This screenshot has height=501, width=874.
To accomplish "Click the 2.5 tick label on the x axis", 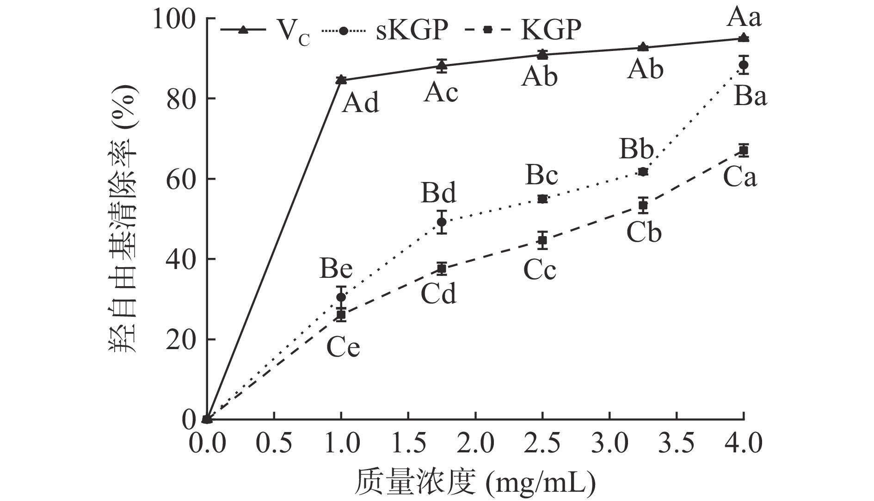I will point(543,443).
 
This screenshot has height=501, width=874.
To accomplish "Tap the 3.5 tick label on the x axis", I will point(677,443).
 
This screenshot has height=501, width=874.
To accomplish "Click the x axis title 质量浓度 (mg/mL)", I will point(475,483).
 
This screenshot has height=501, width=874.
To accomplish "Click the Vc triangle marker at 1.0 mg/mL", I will point(341,80).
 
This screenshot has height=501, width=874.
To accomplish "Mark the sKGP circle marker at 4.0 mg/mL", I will point(744,65).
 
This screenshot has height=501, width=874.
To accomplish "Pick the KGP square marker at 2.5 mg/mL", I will point(542,240).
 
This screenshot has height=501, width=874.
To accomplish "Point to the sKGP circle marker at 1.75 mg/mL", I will point(442,222).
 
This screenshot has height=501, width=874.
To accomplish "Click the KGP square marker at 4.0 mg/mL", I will point(744,150).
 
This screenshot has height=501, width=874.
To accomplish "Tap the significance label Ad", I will point(361,103).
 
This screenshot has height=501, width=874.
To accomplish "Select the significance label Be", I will point(336,269).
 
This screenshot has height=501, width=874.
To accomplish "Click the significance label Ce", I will point(343,347).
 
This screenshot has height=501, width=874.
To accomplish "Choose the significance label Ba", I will point(750,97).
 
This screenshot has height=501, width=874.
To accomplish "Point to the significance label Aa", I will point(744,18).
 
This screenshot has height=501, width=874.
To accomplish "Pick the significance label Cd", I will point(438,293).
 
